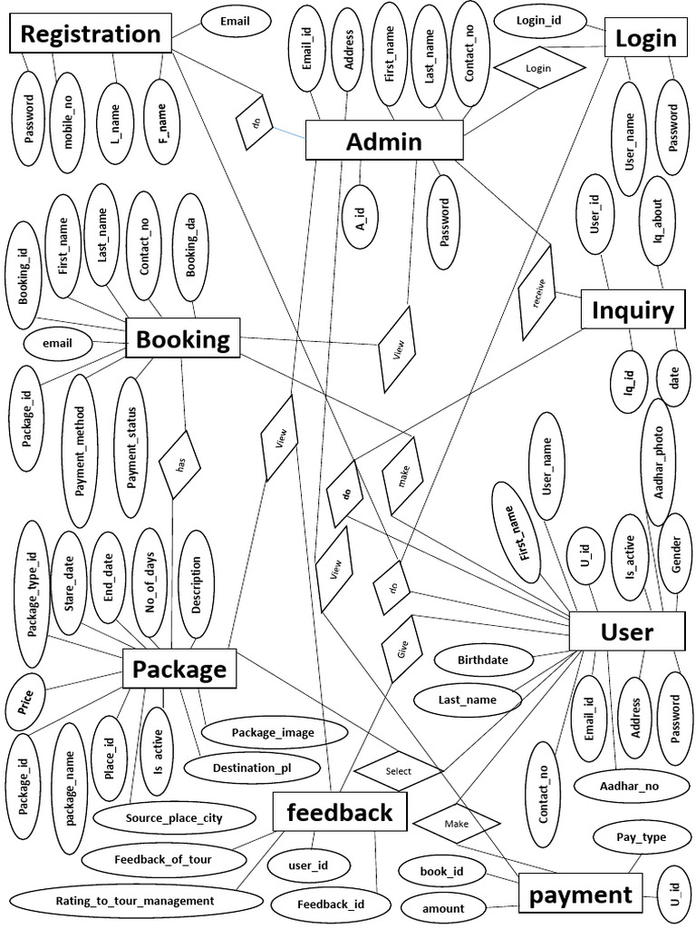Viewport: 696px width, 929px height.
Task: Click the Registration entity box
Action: (x=90, y=34)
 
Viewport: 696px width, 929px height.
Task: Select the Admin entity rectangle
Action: (x=384, y=142)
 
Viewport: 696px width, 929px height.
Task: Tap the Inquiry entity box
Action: (x=633, y=311)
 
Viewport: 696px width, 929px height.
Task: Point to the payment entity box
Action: (x=580, y=895)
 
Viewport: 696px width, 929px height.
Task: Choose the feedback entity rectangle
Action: (x=340, y=812)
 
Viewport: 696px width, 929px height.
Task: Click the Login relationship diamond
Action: (x=537, y=68)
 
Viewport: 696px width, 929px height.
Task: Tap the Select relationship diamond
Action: (x=398, y=771)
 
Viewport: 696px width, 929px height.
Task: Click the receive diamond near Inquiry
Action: (x=536, y=295)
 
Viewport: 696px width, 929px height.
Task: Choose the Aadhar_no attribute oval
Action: (x=629, y=786)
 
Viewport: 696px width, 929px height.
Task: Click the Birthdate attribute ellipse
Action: (x=482, y=660)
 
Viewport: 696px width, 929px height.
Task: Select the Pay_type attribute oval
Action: (x=641, y=836)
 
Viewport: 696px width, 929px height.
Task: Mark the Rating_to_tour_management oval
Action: (x=135, y=901)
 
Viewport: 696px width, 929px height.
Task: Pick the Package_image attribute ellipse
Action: (x=261, y=732)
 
